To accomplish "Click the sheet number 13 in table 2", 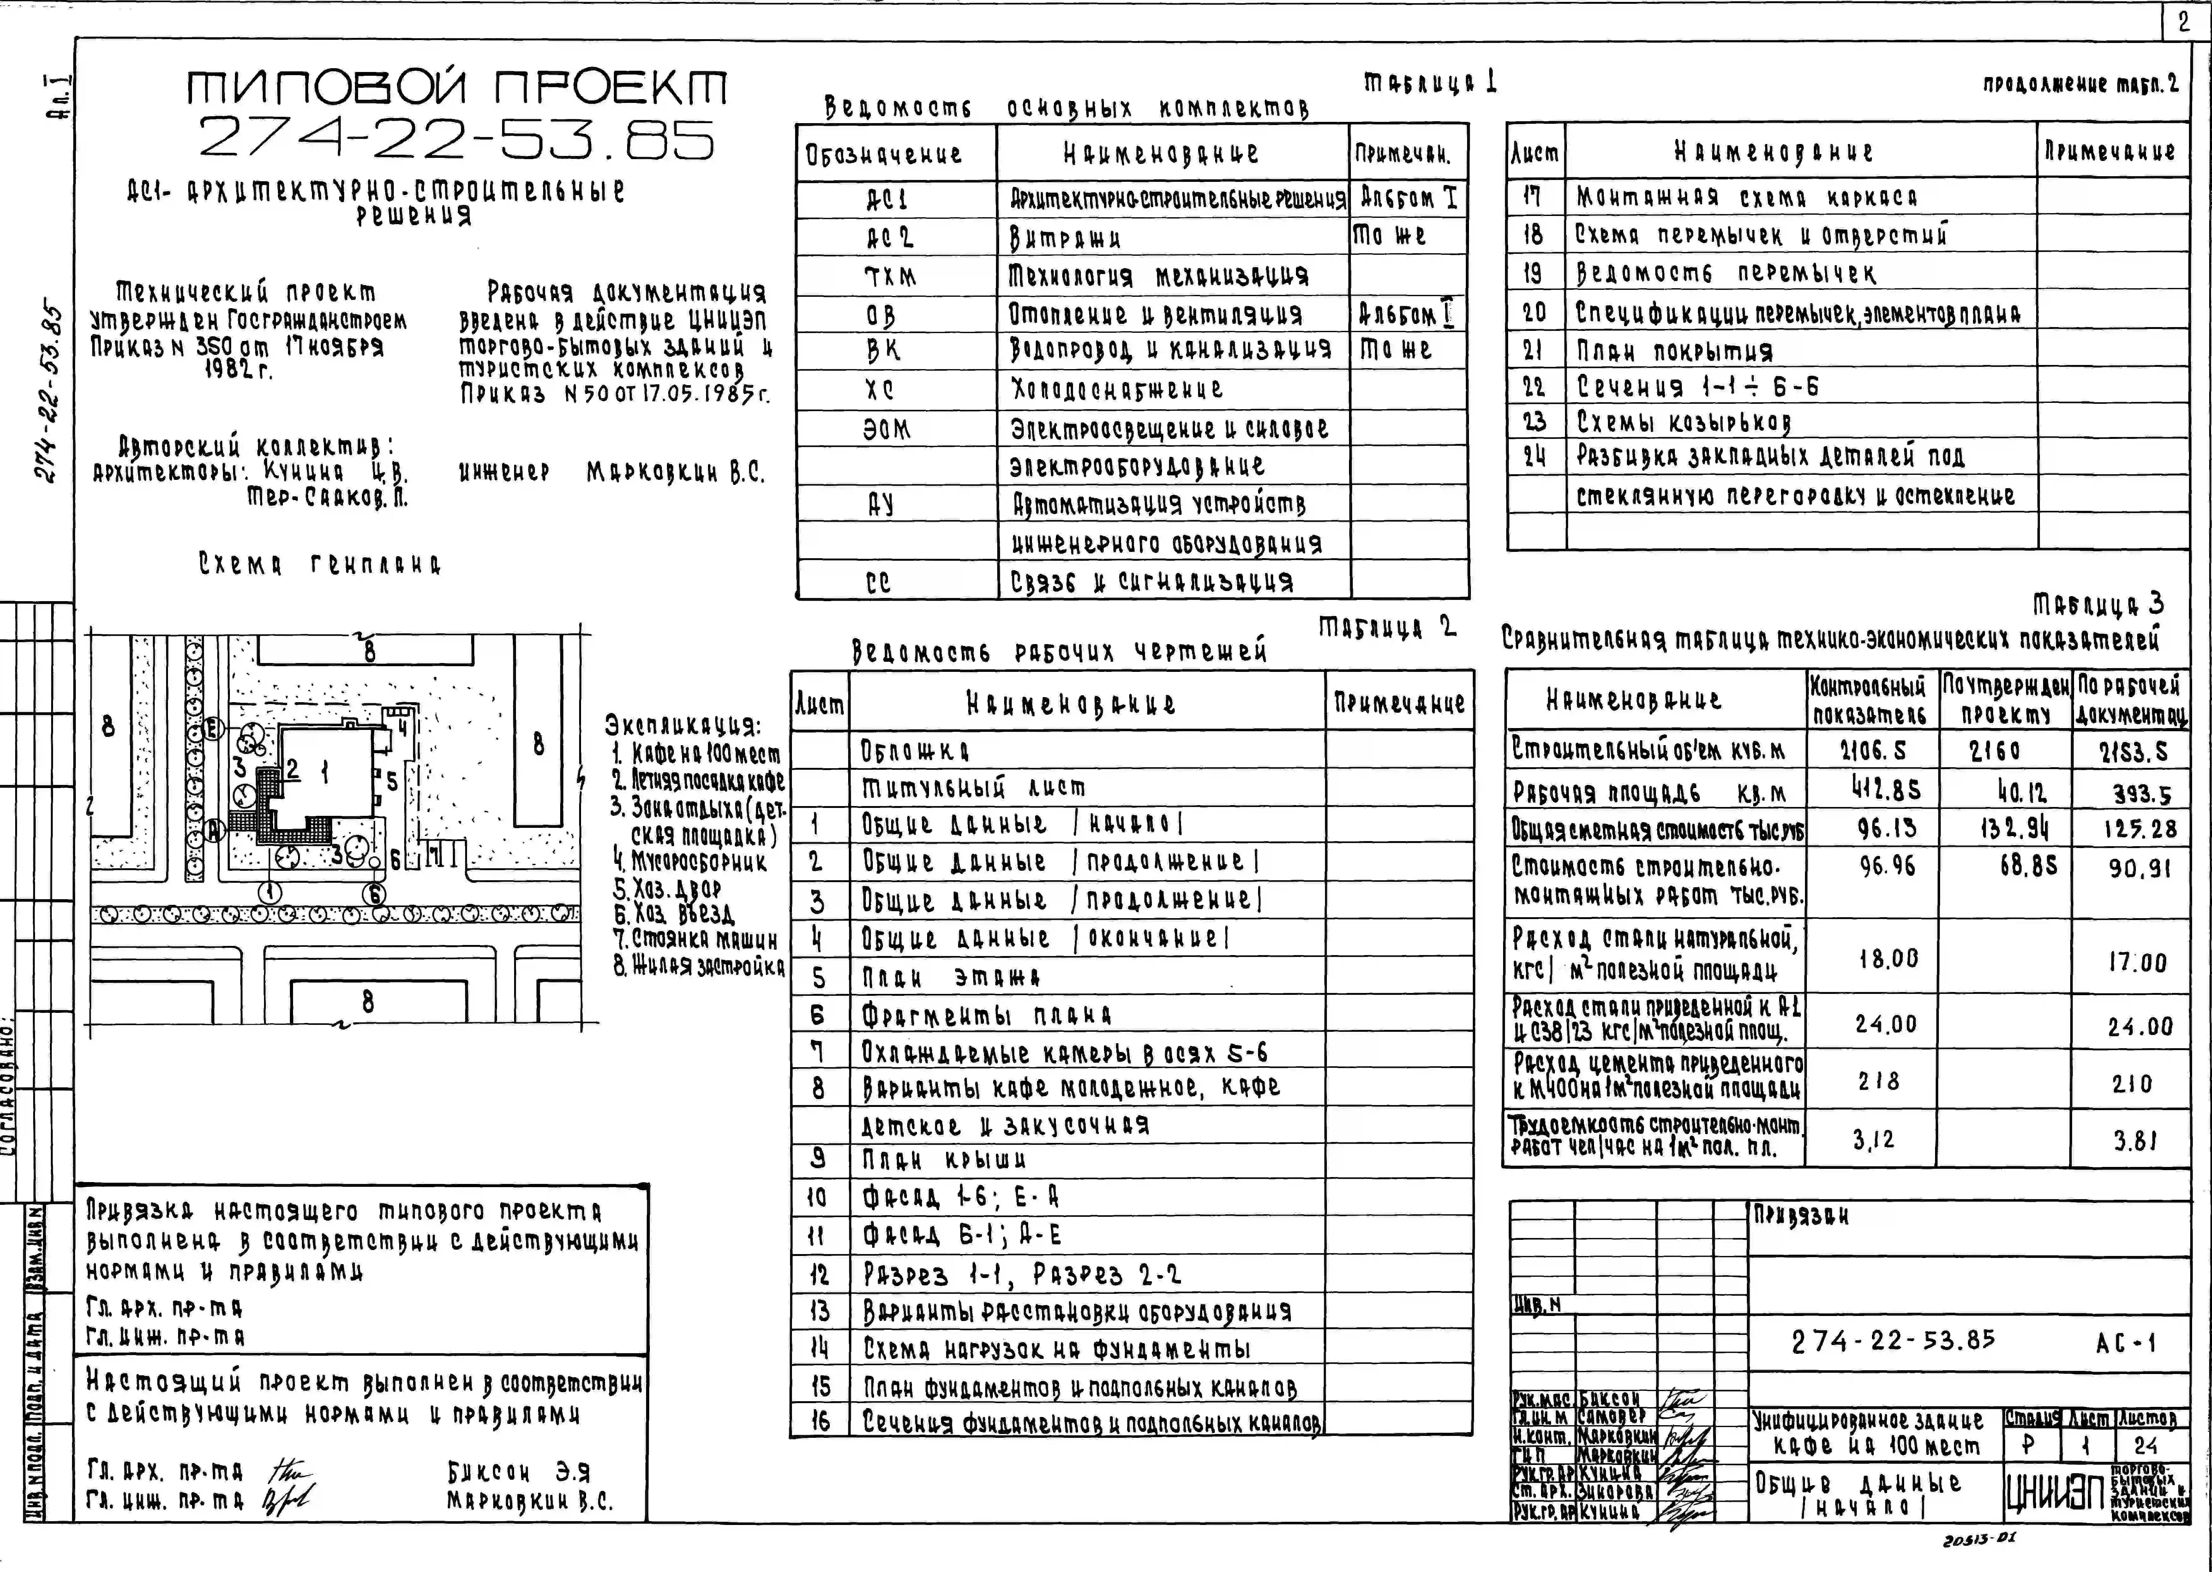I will pyautogui.click(x=819, y=1312).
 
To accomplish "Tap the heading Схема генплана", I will pyautogui.click(x=320, y=564).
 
